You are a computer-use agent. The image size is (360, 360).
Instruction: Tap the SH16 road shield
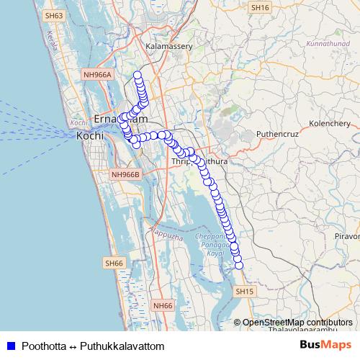(x=260, y=7)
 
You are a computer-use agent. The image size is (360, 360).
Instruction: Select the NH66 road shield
(x=163, y=306)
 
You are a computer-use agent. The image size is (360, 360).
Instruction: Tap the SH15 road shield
(x=245, y=291)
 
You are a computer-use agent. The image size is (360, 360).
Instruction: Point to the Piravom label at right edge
(x=346, y=236)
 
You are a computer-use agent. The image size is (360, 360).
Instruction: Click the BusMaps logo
(x=325, y=346)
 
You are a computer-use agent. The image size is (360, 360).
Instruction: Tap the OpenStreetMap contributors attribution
(x=297, y=323)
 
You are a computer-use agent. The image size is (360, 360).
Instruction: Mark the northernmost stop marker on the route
(x=137, y=76)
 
